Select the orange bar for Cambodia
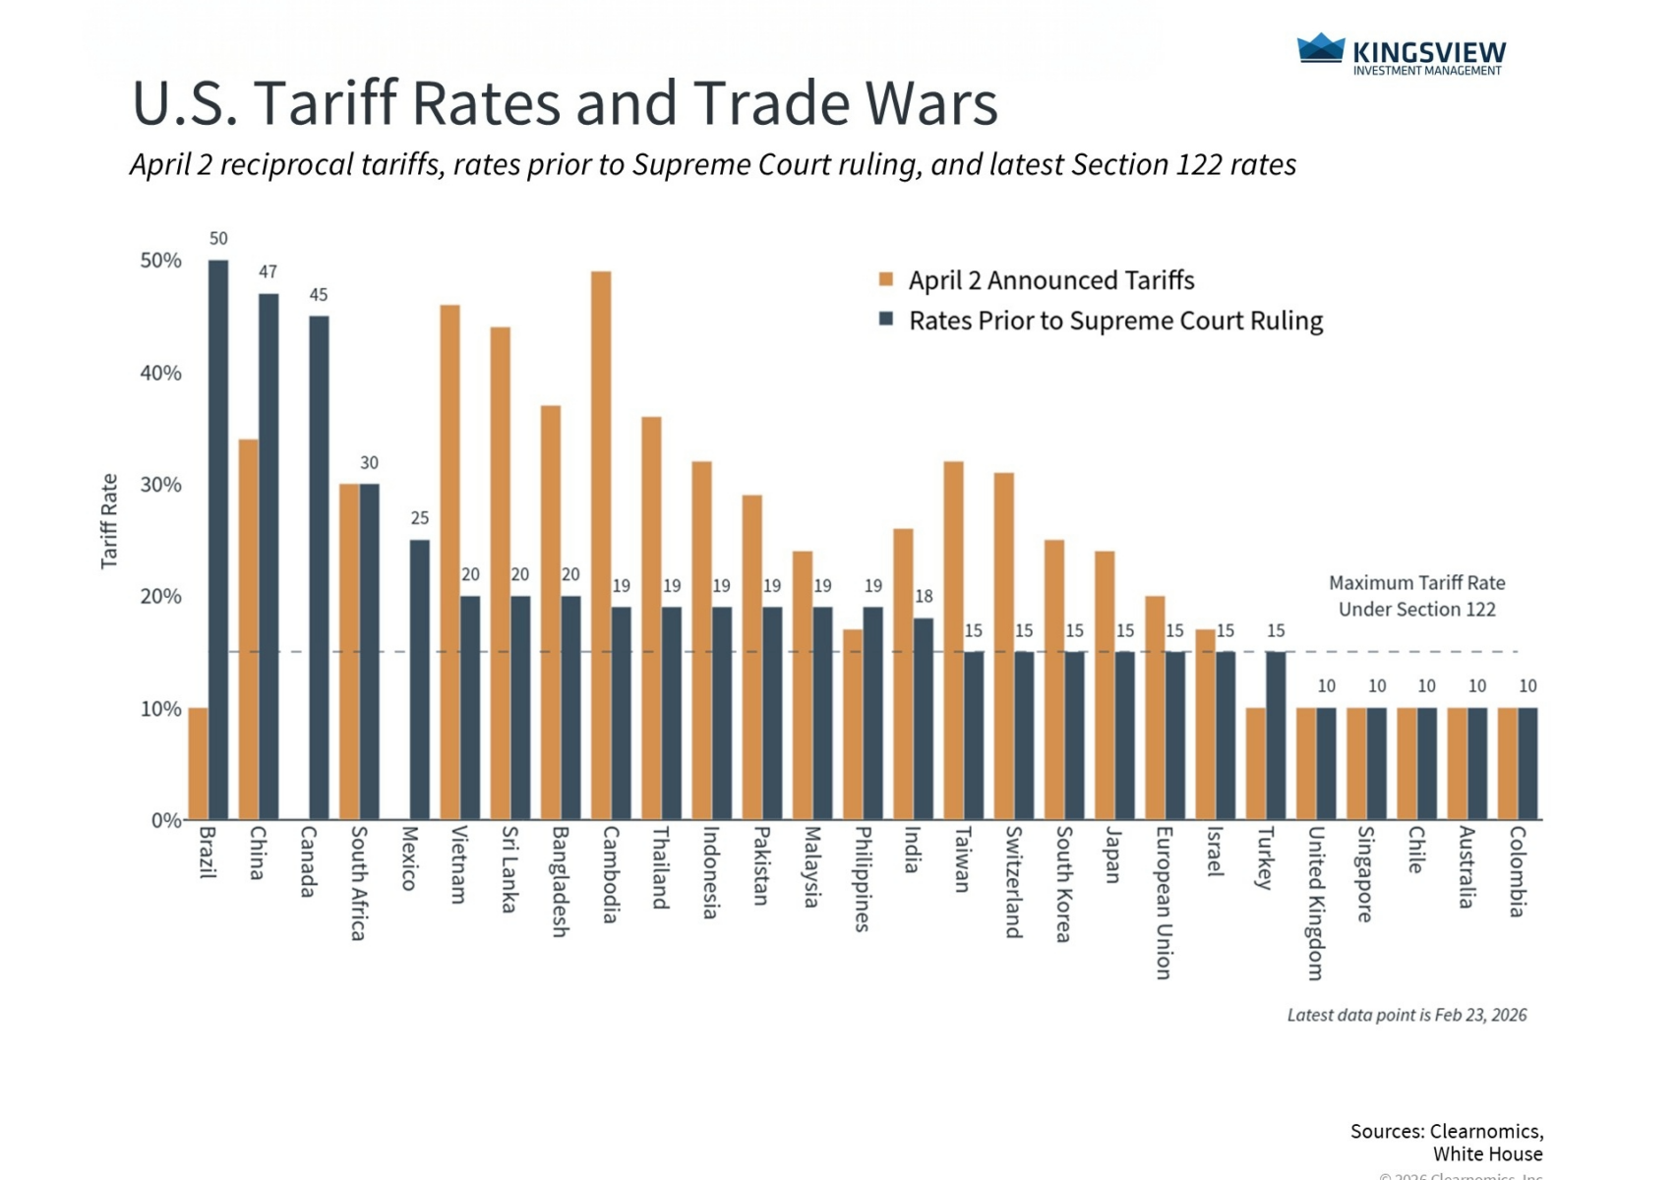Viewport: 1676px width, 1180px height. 601,545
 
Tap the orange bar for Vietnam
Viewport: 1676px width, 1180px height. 449,561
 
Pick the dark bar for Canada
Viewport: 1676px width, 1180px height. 319,567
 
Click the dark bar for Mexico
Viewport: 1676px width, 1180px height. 419,678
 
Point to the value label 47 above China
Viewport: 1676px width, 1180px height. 268,271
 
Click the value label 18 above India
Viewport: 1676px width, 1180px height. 924,596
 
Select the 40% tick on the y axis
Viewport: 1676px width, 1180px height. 160,373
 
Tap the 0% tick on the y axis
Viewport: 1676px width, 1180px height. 166,820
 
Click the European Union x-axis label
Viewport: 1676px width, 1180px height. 1164,902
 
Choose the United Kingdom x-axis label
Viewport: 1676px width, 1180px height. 1315,902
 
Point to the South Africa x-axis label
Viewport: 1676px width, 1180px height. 359,882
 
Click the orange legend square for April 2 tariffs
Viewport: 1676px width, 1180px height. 886,280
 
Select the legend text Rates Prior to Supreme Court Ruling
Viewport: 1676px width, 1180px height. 1115,322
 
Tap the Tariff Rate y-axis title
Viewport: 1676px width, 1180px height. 109,520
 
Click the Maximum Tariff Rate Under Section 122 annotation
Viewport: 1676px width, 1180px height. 1416,596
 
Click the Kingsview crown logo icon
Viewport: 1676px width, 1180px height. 1320,49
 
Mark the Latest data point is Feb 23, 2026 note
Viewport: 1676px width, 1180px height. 1407,1015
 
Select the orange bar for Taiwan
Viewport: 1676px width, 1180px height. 953,640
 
